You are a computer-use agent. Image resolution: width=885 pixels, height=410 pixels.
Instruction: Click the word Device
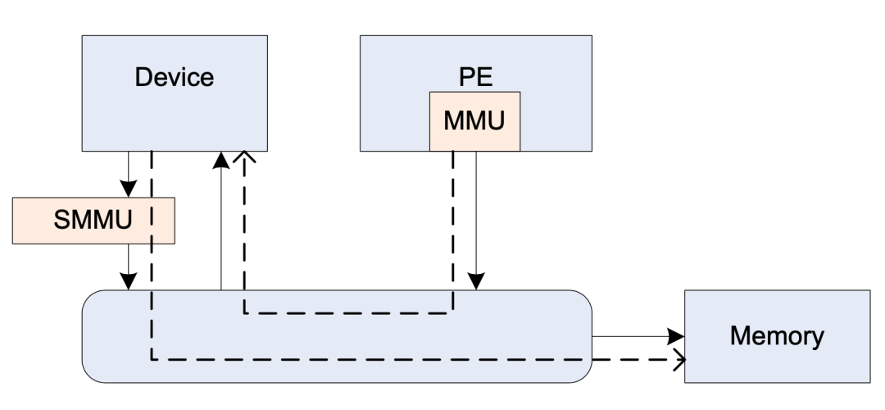point(174,78)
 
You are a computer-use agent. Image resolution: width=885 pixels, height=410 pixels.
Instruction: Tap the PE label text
point(475,79)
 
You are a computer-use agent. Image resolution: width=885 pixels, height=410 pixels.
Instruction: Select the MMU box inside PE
point(475,121)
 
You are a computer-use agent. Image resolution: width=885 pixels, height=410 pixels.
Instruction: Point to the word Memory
point(777,335)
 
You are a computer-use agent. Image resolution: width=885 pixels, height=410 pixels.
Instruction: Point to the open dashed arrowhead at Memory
point(678,359)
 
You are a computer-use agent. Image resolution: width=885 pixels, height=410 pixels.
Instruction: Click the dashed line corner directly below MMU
point(453,312)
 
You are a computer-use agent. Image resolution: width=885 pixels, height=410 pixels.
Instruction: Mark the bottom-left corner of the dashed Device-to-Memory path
point(152,359)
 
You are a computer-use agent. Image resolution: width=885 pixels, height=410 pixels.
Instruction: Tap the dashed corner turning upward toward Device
point(244,312)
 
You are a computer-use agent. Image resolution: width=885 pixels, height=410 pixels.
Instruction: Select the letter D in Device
point(142,78)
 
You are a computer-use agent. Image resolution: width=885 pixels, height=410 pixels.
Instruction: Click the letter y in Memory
point(817,338)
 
